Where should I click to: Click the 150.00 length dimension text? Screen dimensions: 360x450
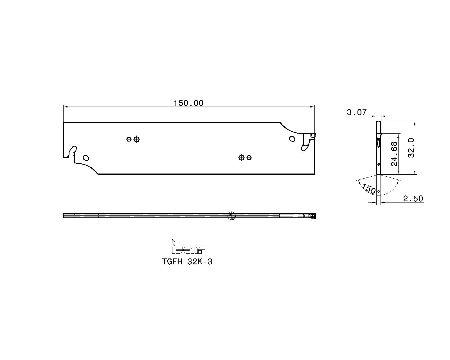[188, 103]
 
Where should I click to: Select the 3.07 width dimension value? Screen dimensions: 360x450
[357, 112]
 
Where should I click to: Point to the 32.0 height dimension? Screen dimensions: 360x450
[411, 148]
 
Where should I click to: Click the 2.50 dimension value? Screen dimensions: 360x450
[413, 199]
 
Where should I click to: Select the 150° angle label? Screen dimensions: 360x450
[369, 189]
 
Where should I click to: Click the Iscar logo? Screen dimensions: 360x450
[188, 247]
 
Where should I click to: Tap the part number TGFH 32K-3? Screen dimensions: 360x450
[187, 262]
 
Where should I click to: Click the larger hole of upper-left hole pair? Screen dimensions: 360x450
[137, 139]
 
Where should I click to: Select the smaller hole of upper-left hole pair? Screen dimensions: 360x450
[129, 139]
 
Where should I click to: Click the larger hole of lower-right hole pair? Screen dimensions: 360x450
[241, 157]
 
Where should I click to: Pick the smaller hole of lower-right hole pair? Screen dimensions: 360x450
[249, 157]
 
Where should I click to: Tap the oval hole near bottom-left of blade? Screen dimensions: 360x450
[86, 158]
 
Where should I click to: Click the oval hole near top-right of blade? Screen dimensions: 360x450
[292, 139]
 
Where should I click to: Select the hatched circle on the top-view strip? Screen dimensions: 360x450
[231, 216]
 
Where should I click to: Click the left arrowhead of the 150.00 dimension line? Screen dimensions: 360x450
[65, 107]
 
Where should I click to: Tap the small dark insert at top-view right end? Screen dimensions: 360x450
[312, 216]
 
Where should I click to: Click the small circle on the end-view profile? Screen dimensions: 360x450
[379, 164]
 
